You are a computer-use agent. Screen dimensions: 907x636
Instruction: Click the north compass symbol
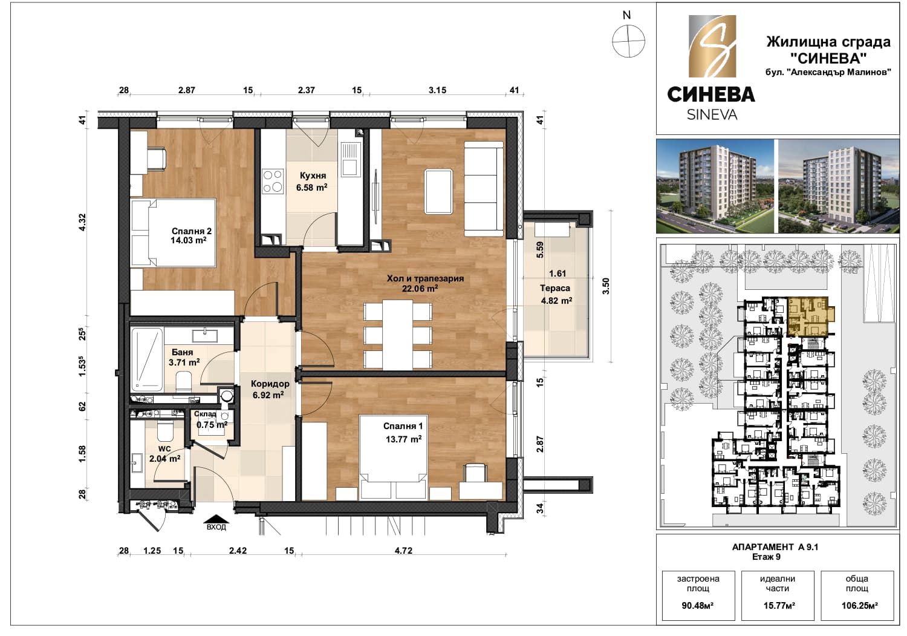click(628, 41)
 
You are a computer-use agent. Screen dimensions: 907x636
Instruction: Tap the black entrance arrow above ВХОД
click(216, 519)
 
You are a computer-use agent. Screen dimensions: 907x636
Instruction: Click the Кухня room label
click(313, 175)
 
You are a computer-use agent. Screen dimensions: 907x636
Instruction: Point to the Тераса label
click(554, 288)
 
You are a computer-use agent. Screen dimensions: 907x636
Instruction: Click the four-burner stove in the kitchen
click(273, 181)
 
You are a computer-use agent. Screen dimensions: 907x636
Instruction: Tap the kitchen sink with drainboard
click(349, 159)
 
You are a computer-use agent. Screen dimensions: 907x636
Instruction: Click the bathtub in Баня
click(147, 359)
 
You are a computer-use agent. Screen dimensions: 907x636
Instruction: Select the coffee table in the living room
click(438, 191)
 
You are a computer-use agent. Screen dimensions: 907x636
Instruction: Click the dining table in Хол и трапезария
click(398, 335)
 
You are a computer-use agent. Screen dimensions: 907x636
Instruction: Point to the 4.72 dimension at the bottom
click(403, 551)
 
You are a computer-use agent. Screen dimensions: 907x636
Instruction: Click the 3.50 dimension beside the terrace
click(606, 286)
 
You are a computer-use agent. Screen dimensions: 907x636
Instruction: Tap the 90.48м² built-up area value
click(698, 606)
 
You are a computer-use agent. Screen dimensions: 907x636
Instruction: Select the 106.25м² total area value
click(859, 606)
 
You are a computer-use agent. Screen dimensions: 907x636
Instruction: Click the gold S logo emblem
click(712, 46)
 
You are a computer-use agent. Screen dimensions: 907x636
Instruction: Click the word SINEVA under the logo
click(712, 115)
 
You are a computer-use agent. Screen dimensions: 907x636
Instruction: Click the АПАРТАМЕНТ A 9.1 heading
click(775, 547)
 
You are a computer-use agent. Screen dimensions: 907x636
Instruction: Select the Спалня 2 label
click(192, 231)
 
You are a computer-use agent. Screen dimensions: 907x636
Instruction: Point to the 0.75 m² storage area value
click(212, 425)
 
